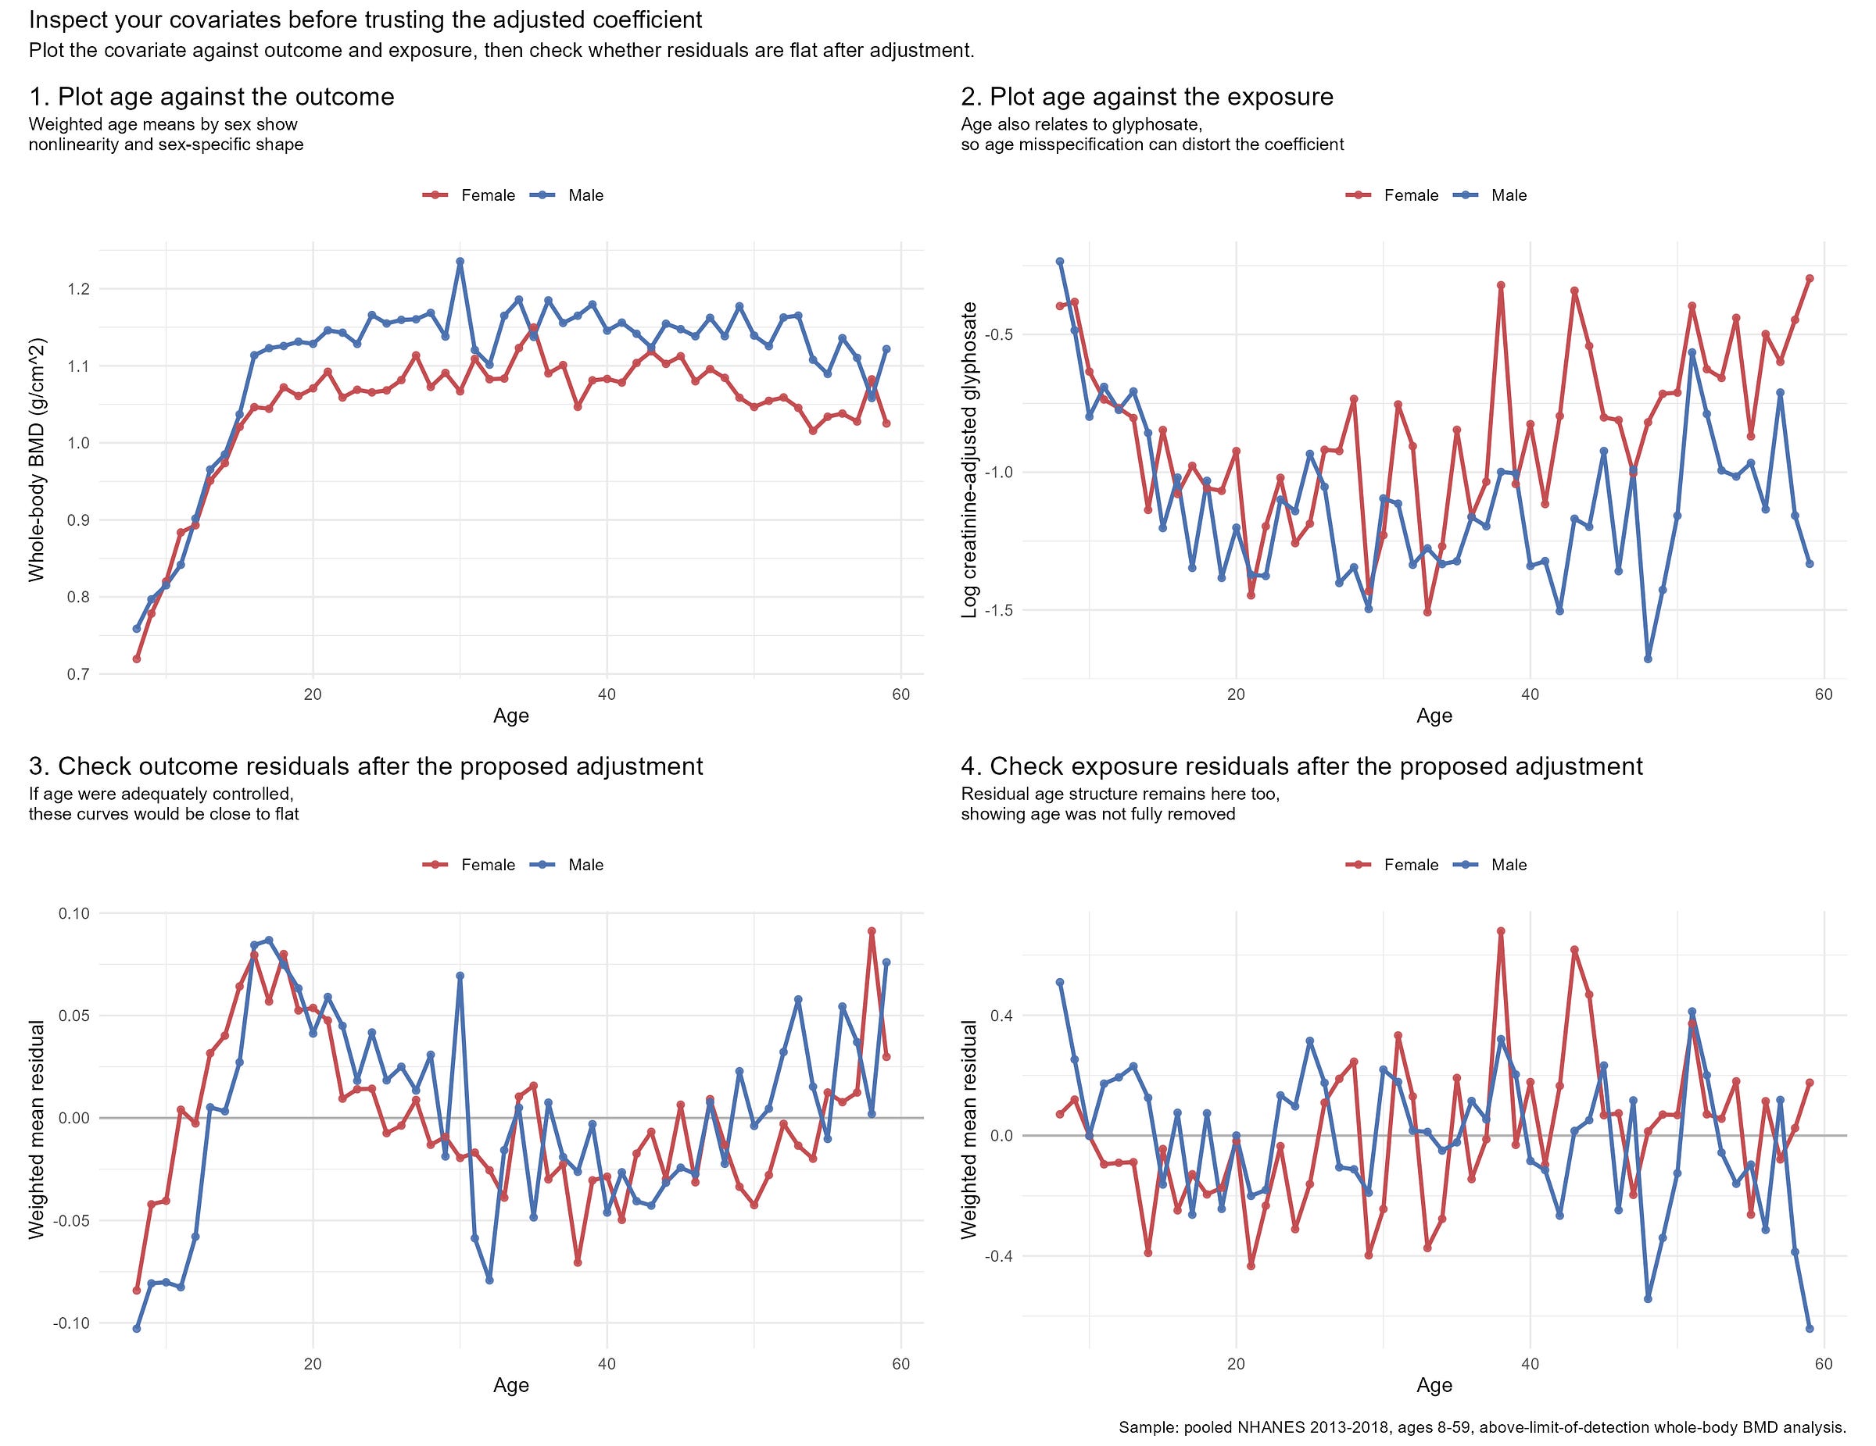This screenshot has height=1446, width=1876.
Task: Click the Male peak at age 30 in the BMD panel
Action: coord(460,261)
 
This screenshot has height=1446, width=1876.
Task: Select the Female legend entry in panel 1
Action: coord(487,196)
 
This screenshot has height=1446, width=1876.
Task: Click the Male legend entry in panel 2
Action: coord(1509,196)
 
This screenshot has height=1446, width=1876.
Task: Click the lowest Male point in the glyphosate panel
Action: coord(1648,659)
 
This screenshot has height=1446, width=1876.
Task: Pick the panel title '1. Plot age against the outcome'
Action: coord(211,97)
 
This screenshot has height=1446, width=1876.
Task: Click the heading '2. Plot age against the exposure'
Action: coord(1147,97)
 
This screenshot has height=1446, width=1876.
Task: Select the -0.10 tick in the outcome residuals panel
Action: coord(74,1323)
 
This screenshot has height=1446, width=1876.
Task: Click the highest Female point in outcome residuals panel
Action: coord(871,930)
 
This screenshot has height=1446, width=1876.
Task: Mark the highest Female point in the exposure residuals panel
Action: coord(1501,930)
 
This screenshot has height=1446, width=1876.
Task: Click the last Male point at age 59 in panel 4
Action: coord(1809,1328)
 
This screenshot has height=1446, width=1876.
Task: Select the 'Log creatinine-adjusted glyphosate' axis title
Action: coord(970,459)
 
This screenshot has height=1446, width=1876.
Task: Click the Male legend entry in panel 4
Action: coord(1509,866)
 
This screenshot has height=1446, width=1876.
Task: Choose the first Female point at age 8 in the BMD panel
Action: coord(137,659)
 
